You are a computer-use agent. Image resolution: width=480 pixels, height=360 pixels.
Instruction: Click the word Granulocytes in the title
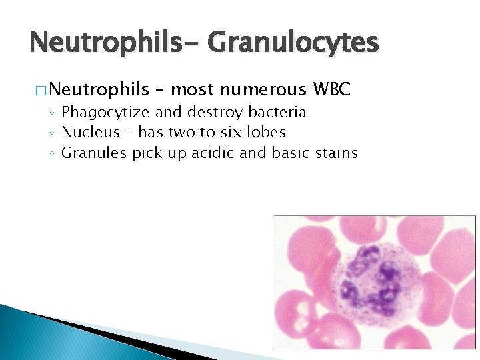[293, 43]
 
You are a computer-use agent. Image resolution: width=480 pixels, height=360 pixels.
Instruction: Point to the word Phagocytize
[106, 111]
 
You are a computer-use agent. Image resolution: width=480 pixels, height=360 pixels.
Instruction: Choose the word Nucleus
[90, 132]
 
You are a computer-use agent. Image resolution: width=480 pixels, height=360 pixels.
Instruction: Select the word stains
[335, 153]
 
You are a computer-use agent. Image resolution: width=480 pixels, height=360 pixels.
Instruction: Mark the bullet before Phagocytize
[53, 113]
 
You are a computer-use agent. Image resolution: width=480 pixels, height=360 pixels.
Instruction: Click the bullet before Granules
[53, 154]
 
